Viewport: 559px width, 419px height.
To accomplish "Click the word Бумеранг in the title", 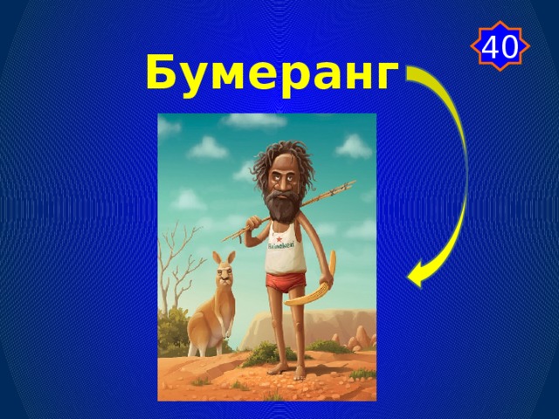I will pyautogui.click(x=272, y=73).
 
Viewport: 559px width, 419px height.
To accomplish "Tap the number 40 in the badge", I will pyautogui.click(x=500, y=45).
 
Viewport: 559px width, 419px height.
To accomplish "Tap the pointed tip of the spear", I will pyautogui.click(x=351, y=183).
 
